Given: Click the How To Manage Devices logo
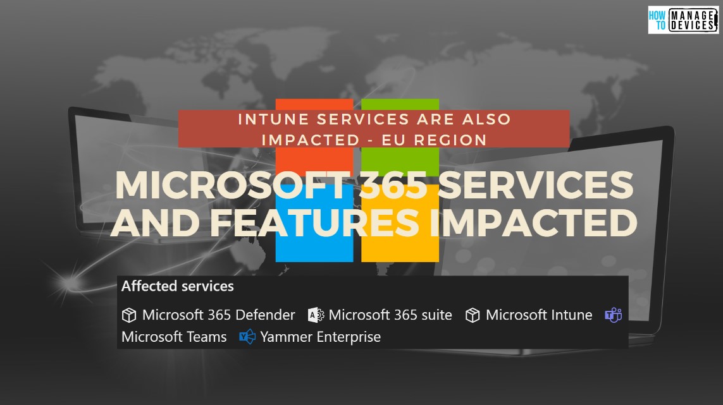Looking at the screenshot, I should click(x=683, y=20).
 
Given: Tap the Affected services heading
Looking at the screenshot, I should click(x=178, y=286).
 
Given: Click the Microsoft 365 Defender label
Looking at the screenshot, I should click(x=218, y=315).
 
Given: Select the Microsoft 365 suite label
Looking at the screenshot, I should click(x=390, y=315).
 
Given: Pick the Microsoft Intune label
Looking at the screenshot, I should click(x=539, y=315).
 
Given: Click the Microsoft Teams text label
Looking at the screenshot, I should click(x=174, y=337).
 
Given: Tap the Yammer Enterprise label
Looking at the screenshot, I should click(x=321, y=337).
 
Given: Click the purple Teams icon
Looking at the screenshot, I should click(x=613, y=315).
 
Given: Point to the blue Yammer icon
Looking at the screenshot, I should click(x=247, y=337).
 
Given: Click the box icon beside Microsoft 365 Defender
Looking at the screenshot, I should click(x=129, y=315).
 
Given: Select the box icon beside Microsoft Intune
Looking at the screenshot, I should click(x=473, y=315).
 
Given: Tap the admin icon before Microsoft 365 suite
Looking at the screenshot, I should click(x=316, y=315).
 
